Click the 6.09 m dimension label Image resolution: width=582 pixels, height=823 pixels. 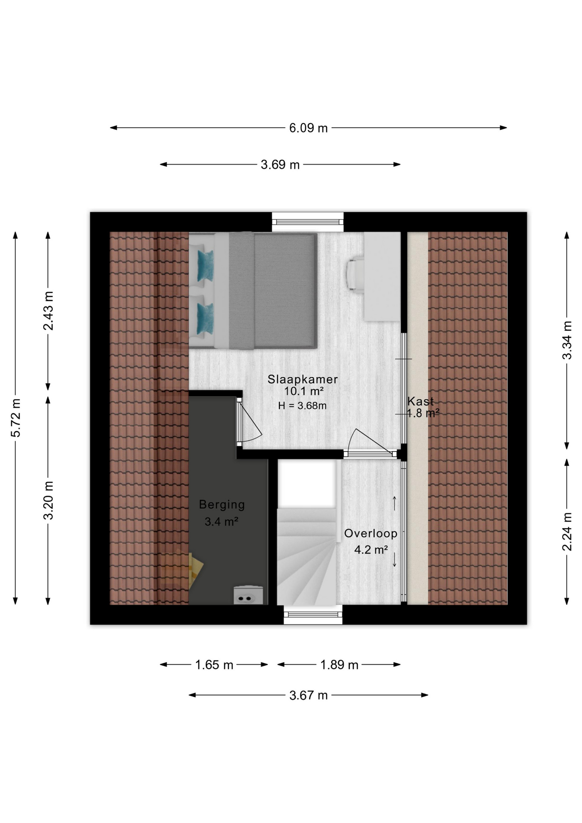coord(308,128)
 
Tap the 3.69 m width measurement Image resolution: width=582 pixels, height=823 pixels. coord(280,165)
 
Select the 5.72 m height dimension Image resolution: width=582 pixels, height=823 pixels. coord(16,418)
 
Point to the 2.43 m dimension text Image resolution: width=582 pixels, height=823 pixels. coord(48,311)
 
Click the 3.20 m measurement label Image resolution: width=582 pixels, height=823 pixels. coord(48,500)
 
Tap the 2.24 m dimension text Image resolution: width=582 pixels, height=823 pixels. coord(567,532)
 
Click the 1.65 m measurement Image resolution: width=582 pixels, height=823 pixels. coord(214,665)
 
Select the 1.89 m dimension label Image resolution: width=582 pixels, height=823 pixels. coord(339,665)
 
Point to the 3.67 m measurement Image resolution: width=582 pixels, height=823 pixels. coord(308,695)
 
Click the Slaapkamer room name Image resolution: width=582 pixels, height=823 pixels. coord(303,379)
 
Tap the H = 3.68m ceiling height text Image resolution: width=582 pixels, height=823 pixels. coord(302,405)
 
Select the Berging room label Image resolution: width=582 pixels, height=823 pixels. coord(222,505)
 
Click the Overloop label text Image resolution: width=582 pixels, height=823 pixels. coord(371,534)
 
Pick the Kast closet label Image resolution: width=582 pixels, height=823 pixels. coord(420,402)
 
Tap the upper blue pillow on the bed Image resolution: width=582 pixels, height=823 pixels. coord(205,265)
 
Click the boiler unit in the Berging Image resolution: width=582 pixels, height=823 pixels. coord(248,595)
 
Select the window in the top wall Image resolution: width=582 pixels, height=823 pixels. coord(308,222)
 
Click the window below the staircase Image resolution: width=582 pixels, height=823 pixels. coord(313,615)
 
